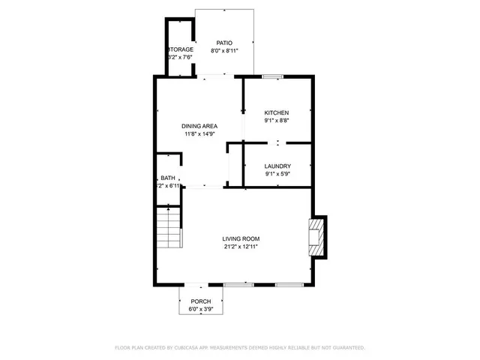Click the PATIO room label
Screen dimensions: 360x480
coord(224,43)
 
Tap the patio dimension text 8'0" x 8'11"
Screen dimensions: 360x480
coord(224,51)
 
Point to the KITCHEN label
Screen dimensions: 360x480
coord(276,112)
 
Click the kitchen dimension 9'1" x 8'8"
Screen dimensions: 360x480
coord(276,121)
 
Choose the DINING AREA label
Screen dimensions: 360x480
coord(199,126)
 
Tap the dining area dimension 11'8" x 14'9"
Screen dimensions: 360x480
coord(199,134)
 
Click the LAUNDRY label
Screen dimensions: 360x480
coord(277,166)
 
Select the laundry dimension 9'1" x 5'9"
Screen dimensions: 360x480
coord(277,174)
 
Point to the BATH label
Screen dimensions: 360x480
coord(167,178)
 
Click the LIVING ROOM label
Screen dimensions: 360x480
coord(241,238)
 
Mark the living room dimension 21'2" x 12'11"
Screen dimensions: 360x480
coord(241,247)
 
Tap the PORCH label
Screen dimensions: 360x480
coord(200,301)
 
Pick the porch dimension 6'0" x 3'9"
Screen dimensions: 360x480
coord(200,308)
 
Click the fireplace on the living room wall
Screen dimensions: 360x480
coord(319,237)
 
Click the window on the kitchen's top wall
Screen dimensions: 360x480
coord(272,76)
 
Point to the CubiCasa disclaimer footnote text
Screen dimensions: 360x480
coord(240,348)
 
